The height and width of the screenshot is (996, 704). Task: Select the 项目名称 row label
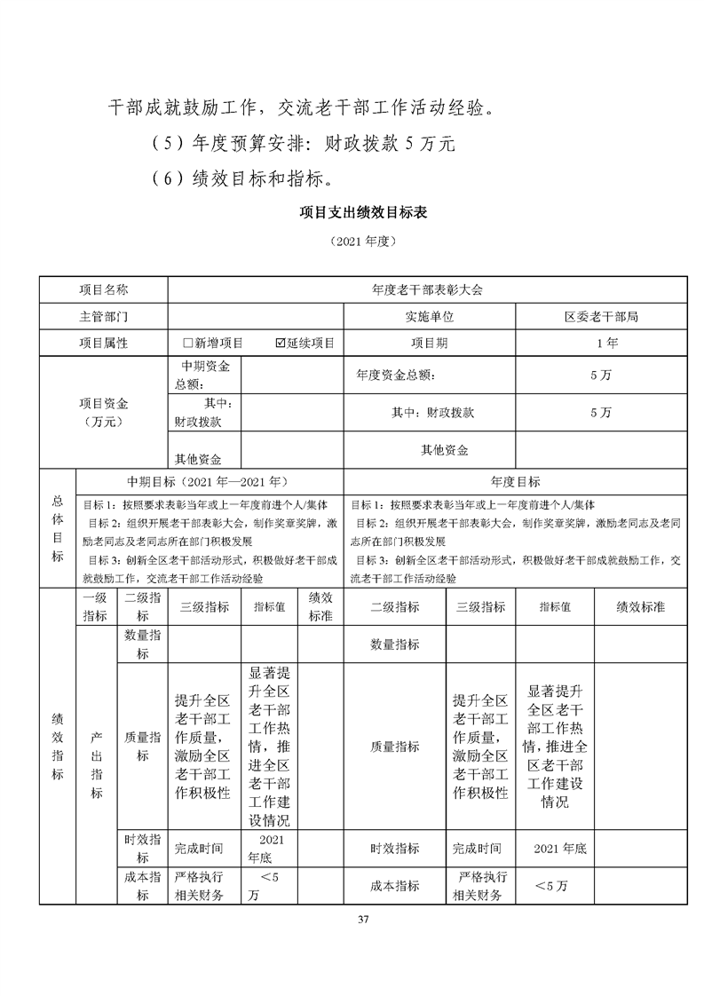click(x=104, y=289)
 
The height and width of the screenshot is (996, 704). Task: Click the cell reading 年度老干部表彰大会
click(x=427, y=289)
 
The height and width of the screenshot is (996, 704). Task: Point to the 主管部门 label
click(x=104, y=316)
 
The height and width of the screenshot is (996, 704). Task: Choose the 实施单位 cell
click(x=430, y=316)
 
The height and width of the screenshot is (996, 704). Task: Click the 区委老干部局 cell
click(x=601, y=316)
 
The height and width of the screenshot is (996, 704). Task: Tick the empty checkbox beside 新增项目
click(x=187, y=343)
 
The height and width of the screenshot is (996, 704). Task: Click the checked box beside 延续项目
click(x=281, y=343)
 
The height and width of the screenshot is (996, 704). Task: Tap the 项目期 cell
click(x=430, y=343)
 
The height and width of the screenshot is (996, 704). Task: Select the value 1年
click(x=601, y=343)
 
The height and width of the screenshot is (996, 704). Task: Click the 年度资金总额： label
click(x=395, y=375)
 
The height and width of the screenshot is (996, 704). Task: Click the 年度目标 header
click(x=515, y=482)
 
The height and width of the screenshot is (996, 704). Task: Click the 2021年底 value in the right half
click(x=560, y=849)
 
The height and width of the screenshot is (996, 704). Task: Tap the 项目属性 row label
click(x=104, y=343)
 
